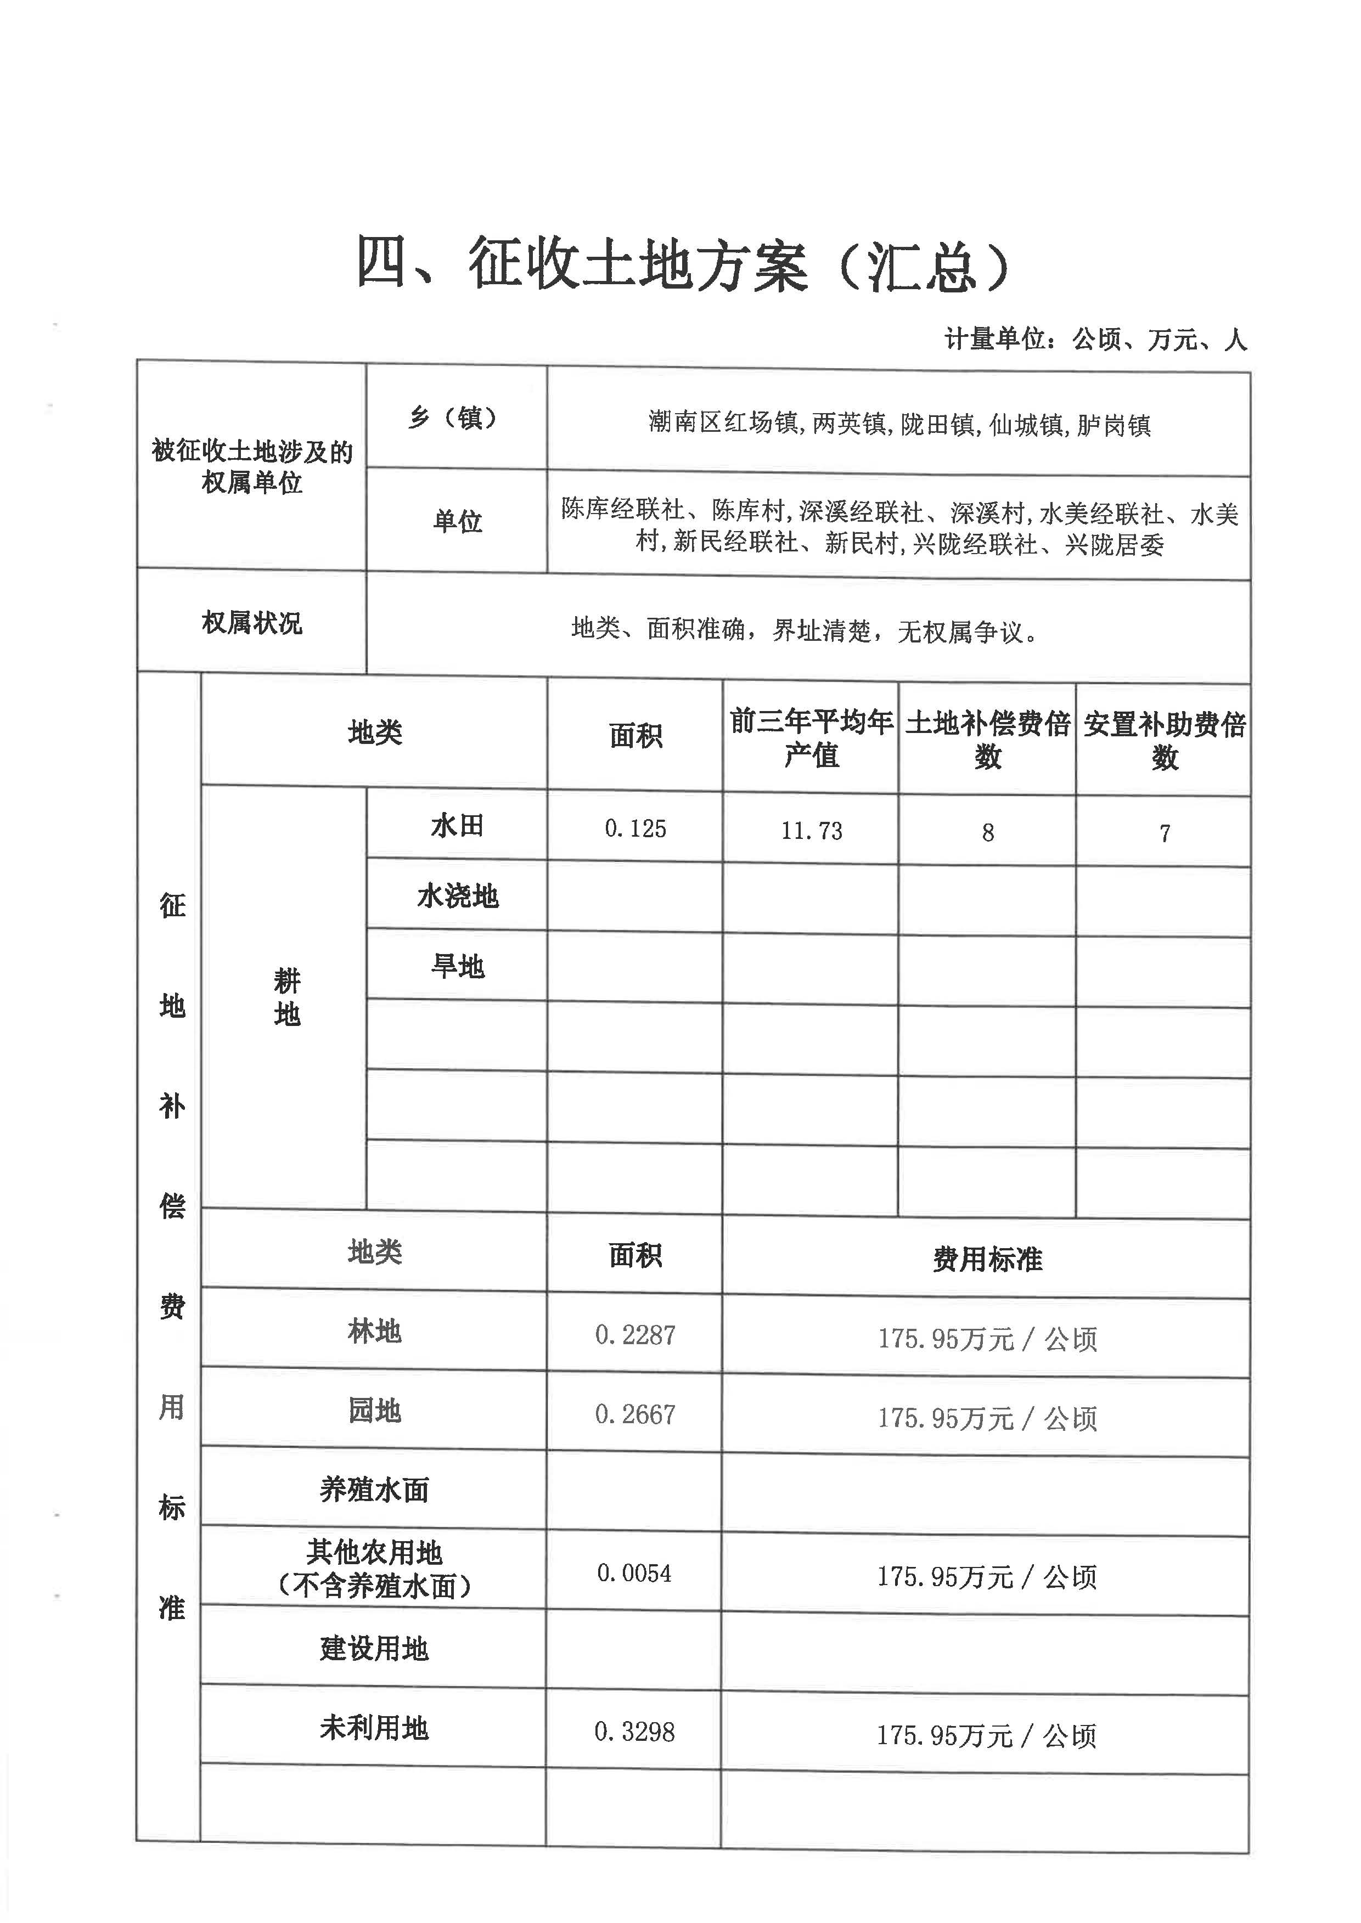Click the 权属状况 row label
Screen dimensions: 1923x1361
pos(251,623)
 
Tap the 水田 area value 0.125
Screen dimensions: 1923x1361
pos(635,828)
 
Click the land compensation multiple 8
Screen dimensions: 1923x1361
pos(988,833)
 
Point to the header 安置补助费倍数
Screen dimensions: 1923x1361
pos(1164,741)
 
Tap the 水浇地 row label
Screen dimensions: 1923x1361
pos(458,896)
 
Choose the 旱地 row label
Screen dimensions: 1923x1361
pos(458,967)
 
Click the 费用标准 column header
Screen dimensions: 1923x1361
pos(987,1259)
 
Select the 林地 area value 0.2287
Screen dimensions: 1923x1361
pos(635,1335)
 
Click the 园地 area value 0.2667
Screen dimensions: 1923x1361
pos(635,1415)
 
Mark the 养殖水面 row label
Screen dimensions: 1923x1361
pos(374,1490)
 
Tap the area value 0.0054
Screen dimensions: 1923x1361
pos(634,1574)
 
